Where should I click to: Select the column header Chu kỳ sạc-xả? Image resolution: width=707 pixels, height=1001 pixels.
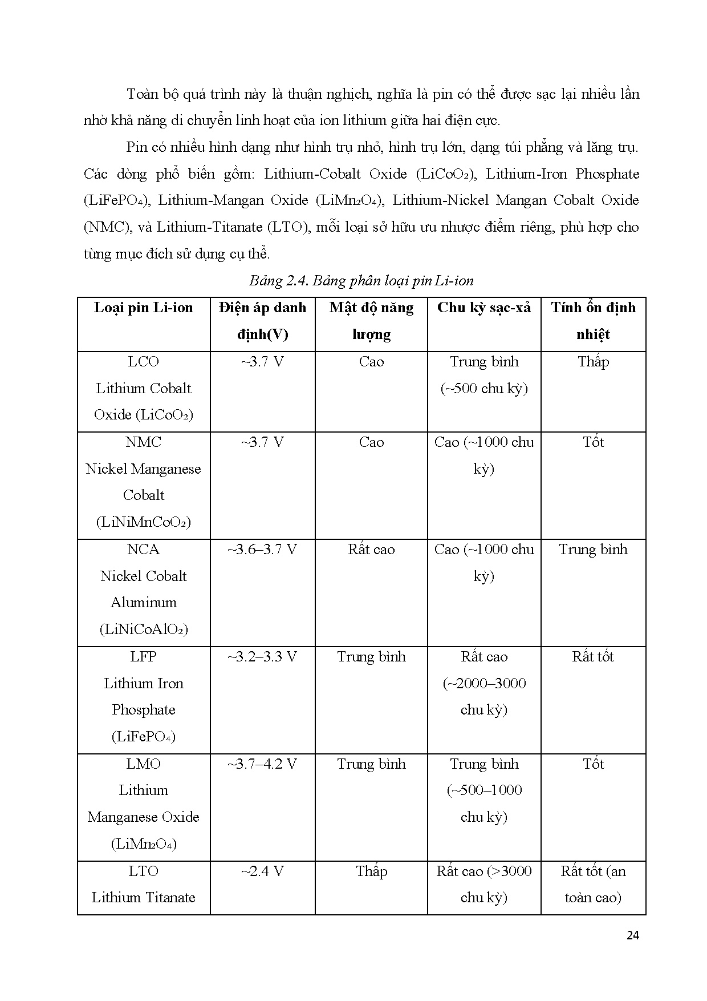(483, 308)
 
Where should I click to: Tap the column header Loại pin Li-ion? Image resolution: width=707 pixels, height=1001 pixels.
(144, 308)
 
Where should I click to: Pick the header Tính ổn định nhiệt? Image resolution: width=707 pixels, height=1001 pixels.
(593, 321)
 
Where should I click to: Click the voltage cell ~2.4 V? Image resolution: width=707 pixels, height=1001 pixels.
(262, 871)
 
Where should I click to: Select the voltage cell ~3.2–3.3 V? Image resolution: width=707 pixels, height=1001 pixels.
(262, 657)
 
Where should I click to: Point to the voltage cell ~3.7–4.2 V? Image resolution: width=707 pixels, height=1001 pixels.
(262, 764)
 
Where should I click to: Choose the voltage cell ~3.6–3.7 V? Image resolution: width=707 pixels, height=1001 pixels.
(262, 550)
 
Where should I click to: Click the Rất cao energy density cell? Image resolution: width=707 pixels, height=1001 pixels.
(371, 550)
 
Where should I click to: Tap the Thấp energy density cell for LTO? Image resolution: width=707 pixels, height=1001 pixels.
(371, 871)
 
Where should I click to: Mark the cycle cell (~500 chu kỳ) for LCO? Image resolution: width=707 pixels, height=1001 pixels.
(483, 389)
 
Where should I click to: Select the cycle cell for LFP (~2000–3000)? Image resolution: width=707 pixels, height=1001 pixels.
(483, 683)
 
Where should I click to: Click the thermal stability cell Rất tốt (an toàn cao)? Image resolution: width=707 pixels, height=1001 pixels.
(593, 885)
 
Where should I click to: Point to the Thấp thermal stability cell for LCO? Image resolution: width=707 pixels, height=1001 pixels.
(593, 362)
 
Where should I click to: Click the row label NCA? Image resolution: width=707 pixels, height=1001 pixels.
(144, 550)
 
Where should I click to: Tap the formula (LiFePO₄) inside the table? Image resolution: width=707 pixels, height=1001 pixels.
(144, 737)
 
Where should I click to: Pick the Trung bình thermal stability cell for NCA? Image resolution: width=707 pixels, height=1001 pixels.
(593, 550)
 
